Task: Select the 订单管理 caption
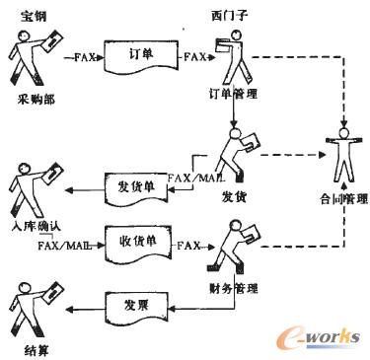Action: pyautogui.click(x=234, y=96)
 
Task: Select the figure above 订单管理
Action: pyautogui.click(x=232, y=56)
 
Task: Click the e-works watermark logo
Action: pyautogui.click(x=316, y=335)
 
